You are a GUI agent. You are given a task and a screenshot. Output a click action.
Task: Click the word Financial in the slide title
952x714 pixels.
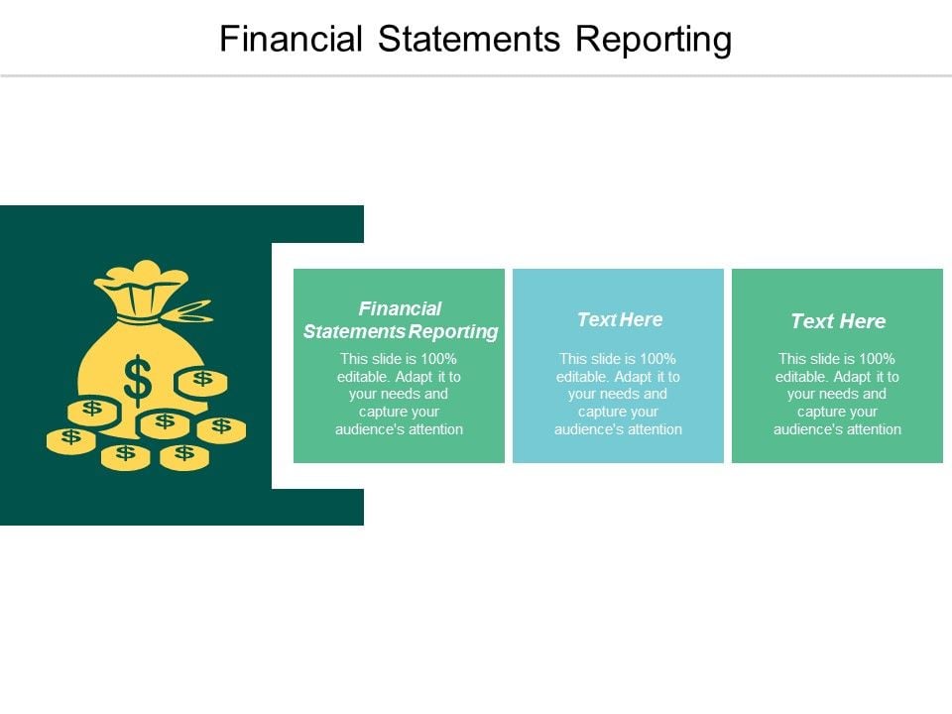tap(290, 39)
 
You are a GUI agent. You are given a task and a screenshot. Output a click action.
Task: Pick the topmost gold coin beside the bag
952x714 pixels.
tap(201, 380)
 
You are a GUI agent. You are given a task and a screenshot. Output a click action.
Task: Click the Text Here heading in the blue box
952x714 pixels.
tap(619, 319)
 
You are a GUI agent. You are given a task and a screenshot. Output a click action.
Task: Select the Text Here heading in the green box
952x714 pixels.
tap(838, 321)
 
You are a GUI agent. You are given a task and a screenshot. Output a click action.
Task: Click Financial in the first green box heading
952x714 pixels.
tap(400, 308)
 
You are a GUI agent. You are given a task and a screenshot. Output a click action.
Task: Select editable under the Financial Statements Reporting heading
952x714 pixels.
tap(360, 376)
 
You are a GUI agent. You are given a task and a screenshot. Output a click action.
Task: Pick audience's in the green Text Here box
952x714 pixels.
tap(804, 429)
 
